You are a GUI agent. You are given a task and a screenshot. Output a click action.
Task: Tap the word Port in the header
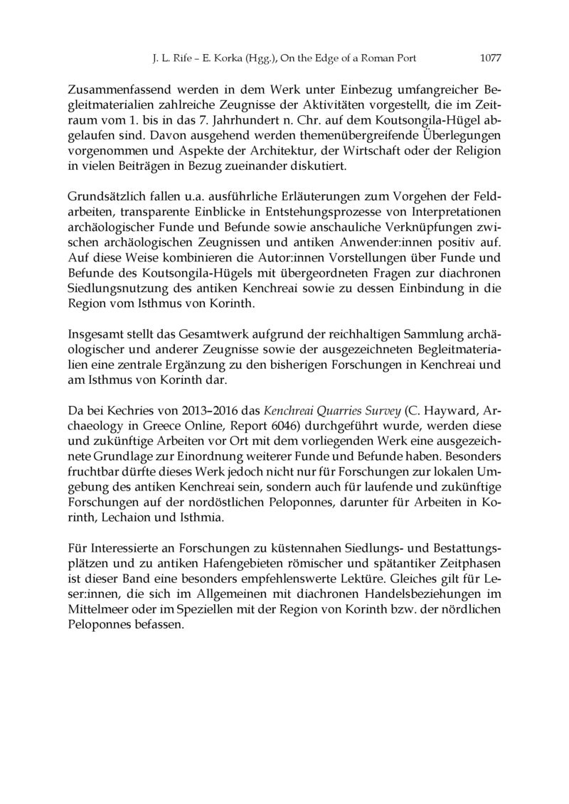404,58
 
